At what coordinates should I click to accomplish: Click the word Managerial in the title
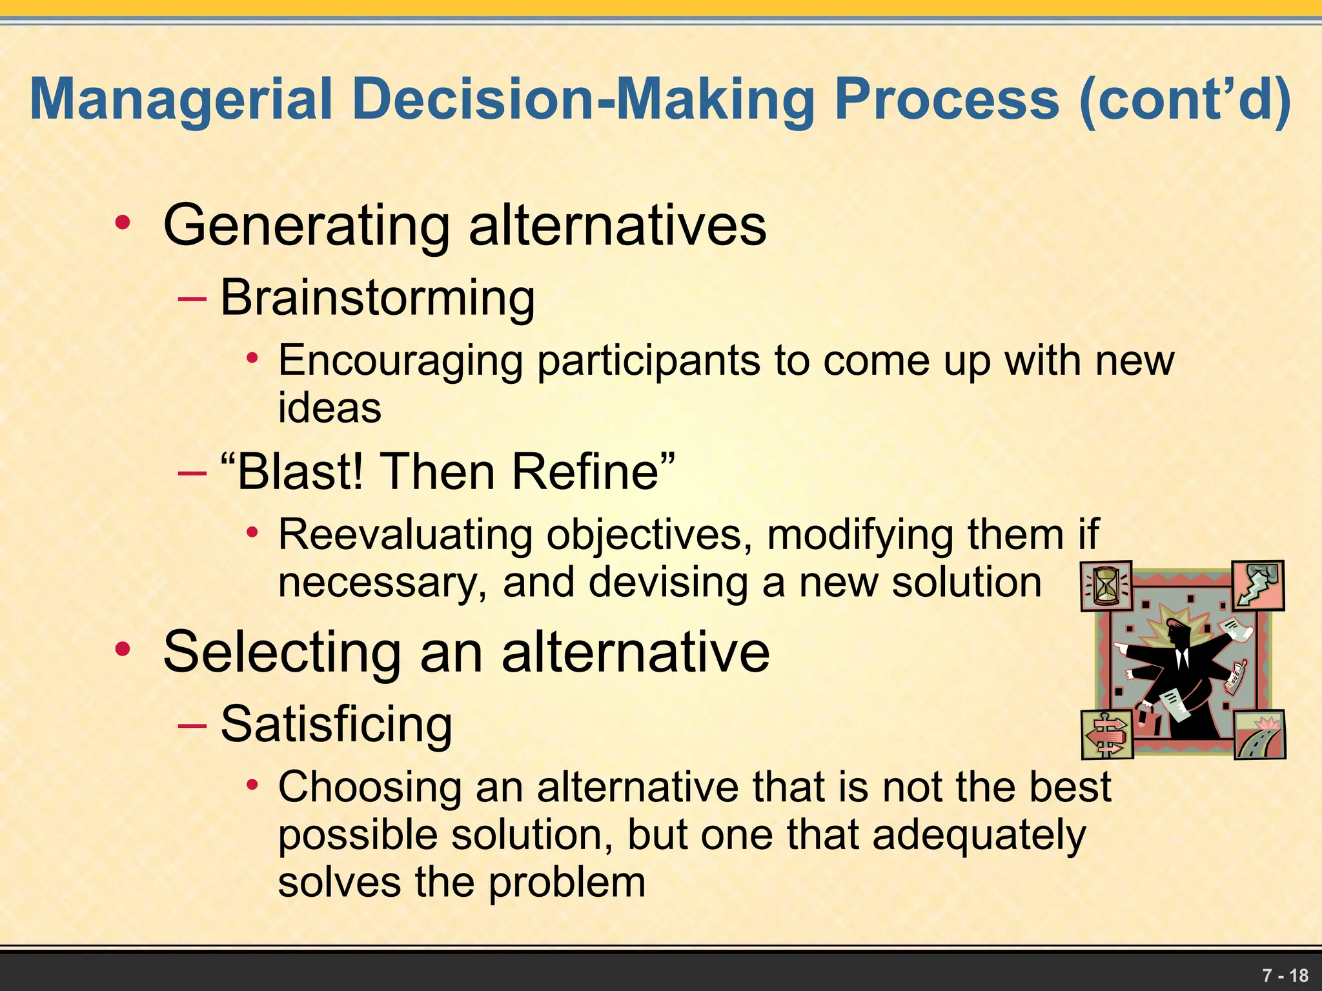coord(181,100)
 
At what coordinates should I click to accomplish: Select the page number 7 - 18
coord(1285,975)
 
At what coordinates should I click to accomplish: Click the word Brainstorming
coord(378,298)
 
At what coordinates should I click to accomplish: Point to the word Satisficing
coord(336,724)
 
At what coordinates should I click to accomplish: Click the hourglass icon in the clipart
coord(1106,586)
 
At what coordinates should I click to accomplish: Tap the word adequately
coord(979,836)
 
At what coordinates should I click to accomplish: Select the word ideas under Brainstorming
coord(329,408)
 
